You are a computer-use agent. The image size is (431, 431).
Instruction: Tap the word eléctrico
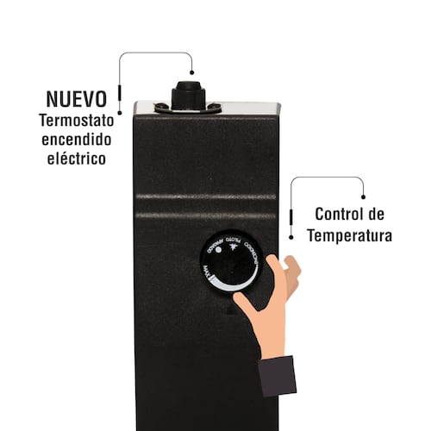pyautogui.click(x=78, y=159)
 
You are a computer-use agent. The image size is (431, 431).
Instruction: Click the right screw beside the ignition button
pyautogui.click(x=215, y=108)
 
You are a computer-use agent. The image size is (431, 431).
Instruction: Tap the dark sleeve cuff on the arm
pyautogui.click(x=278, y=375)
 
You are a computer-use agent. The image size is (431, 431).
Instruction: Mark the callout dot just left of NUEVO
pyautogui.click(x=120, y=95)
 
